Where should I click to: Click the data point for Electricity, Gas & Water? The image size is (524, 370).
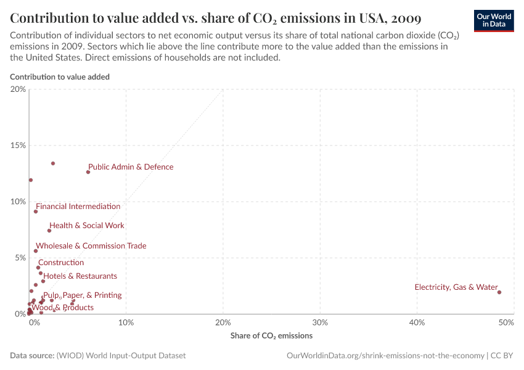pos(499,292)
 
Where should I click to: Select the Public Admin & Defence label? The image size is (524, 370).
pos(131,167)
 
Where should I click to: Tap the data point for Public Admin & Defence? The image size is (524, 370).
pos(88,172)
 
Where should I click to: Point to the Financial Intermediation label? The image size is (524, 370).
pos(78,207)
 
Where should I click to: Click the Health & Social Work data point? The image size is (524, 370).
pos(49,231)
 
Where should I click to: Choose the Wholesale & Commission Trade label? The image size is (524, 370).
pos(91,246)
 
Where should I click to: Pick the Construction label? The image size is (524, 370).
pos(61,263)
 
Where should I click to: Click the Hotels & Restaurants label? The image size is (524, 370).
pos(80,276)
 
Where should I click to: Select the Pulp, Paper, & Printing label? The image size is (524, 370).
pos(83,295)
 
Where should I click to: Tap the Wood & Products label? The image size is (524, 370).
pos(63,308)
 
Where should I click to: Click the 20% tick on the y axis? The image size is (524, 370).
pos(18,89)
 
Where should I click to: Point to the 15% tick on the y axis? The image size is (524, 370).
pos(18,146)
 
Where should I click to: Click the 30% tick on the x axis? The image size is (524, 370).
pos(320,323)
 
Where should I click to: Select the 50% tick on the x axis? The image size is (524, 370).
pos(506,323)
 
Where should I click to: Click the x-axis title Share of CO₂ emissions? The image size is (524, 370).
pos(271,336)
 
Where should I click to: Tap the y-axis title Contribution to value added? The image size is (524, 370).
pos(60,77)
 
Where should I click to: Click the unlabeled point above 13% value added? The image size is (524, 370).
pos(53,163)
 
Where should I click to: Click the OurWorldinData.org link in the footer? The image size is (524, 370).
pos(385,356)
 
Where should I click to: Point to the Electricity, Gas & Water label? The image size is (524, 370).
pos(456,287)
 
